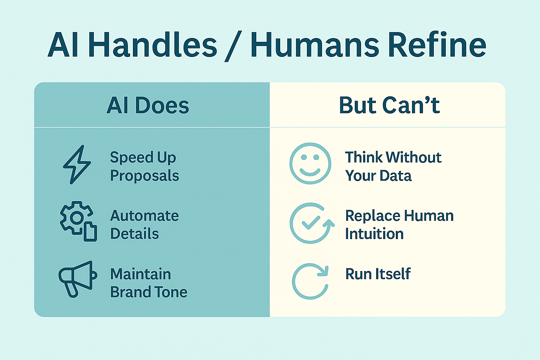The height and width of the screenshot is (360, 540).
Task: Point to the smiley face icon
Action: [x=310, y=163]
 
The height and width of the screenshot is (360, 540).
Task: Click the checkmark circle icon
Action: [x=311, y=223]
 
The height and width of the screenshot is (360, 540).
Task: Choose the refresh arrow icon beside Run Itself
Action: [x=310, y=281]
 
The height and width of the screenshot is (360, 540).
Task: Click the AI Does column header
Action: [x=148, y=105]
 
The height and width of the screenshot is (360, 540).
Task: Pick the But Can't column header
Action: [x=389, y=105]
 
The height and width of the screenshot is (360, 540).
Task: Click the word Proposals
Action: [x=144, y=176]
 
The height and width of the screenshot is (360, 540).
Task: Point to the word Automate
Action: [x=144, y=216]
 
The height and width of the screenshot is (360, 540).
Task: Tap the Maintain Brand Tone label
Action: [x=148, y=283]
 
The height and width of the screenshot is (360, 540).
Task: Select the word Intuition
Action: [x=374, y=234]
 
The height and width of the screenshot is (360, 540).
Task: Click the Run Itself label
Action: [x=378, y=274]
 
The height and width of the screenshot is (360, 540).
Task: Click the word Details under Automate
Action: [x=134, y=234]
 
